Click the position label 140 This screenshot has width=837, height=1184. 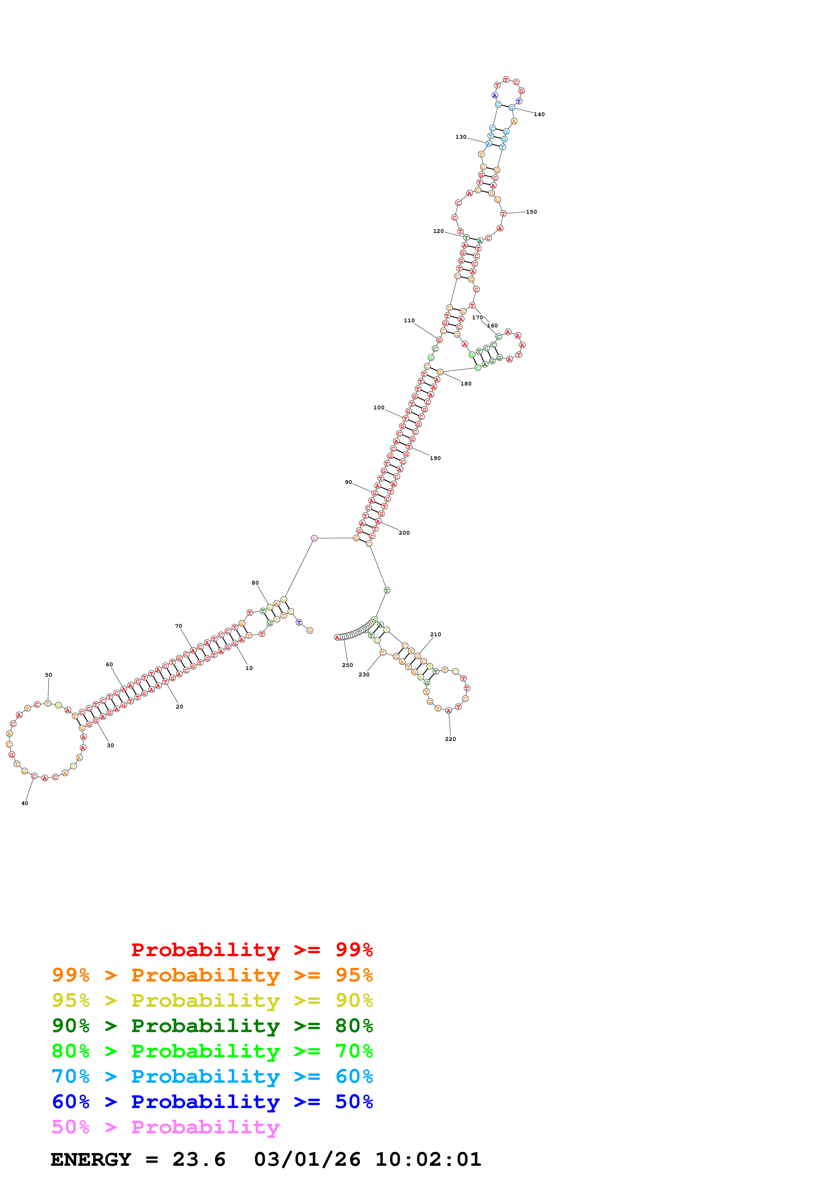click(539, 114)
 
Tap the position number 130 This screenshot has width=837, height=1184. click(461, 137)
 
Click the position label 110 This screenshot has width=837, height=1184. click(409, 321)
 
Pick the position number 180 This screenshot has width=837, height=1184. click(466, 384)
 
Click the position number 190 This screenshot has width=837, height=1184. click(435, 458)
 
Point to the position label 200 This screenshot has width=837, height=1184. click(404, 533)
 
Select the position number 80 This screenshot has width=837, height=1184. click(255, 583)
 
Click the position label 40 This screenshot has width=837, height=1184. click(25, 803)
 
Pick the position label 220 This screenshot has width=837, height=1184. click(450, 739)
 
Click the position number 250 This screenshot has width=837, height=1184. click(347, 665)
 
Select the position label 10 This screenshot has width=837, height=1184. click(249, 668)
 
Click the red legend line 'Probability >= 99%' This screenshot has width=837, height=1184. click(252, 949)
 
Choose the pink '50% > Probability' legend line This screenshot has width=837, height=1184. click(165, 1127)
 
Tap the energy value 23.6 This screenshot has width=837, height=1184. click(199, 1160)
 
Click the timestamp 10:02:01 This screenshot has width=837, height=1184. click(428, 1160)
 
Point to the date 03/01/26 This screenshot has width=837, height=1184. click(307, 1160)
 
